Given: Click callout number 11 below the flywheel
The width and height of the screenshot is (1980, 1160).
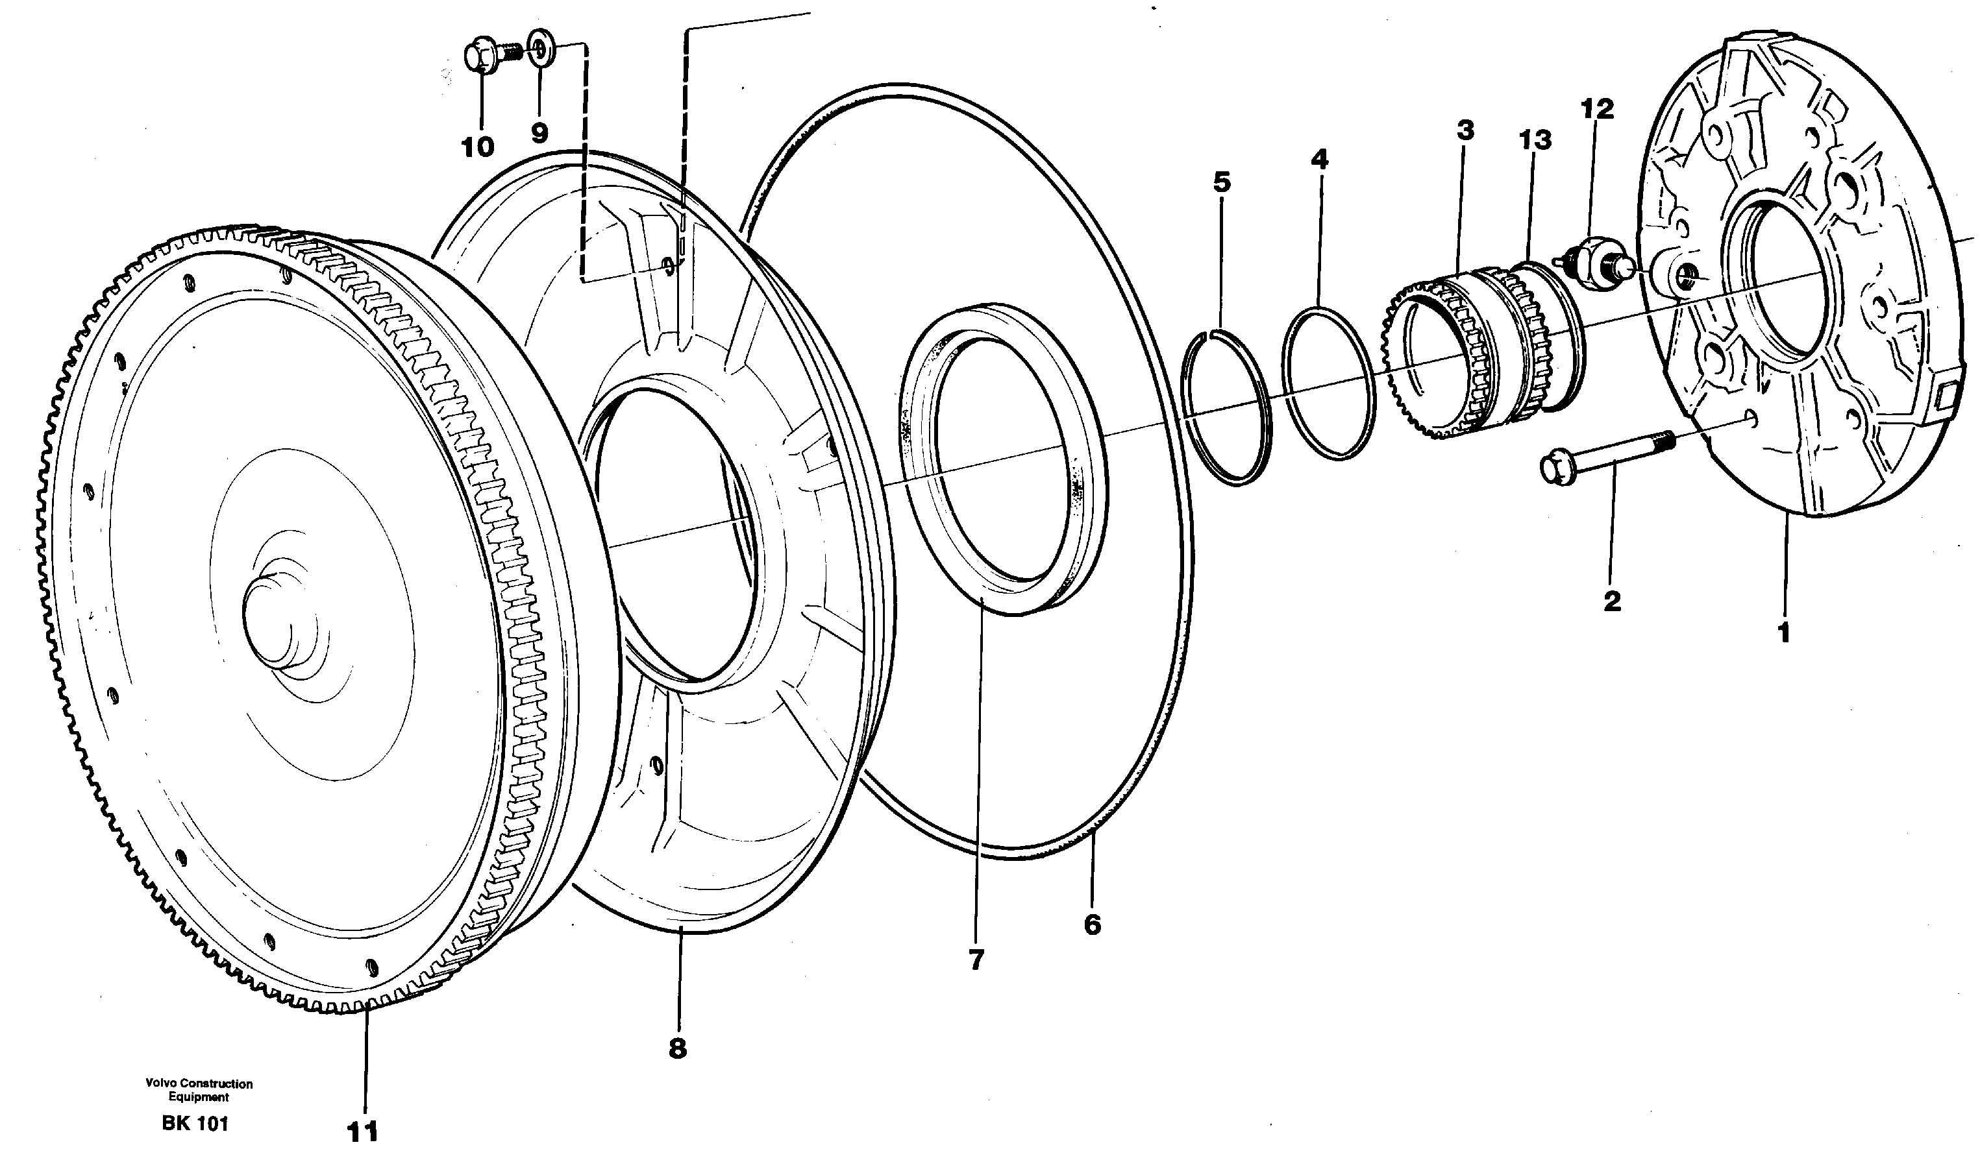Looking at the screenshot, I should click(x=363, y=1131).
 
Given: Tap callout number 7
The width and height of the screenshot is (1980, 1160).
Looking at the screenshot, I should click(x=976, y=960).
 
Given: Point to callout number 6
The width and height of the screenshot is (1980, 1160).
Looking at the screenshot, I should click(x=1092, y=924).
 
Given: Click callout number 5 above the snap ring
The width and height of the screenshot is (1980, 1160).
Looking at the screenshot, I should click(x=1222, y=182).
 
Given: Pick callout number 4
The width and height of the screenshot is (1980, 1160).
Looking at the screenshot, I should click(x=1319, y=160).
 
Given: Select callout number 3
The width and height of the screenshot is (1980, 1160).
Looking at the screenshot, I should click(x=1465, y=130).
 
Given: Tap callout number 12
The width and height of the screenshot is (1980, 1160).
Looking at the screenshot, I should click(x=1598, y=108).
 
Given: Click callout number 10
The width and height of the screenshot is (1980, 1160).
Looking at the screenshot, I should click(x=478, y=146).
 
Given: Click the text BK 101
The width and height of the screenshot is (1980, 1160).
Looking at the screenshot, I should click(x=195, y=1123).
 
